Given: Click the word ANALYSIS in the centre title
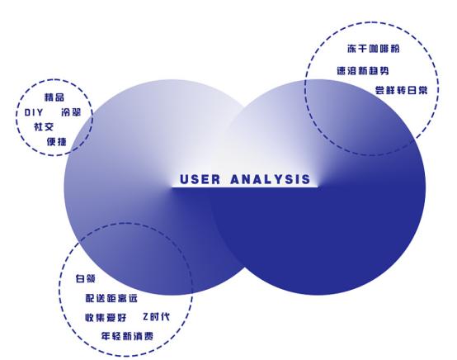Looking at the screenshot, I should pos(271,179).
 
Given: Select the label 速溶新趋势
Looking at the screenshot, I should pos(363,72).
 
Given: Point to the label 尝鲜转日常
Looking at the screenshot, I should pos(401,89).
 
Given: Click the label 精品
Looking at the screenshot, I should pos(54,97).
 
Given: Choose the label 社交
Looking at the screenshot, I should pos(43,126).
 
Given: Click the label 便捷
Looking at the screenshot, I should pos(55,140).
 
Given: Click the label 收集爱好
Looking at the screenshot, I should pos(105,317).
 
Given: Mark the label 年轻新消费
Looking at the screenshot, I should pos(127,336).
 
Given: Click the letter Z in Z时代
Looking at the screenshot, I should pos(145,317).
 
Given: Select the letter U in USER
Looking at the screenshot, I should pos(184,179).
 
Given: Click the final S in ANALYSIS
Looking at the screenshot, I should pos(306,179).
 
